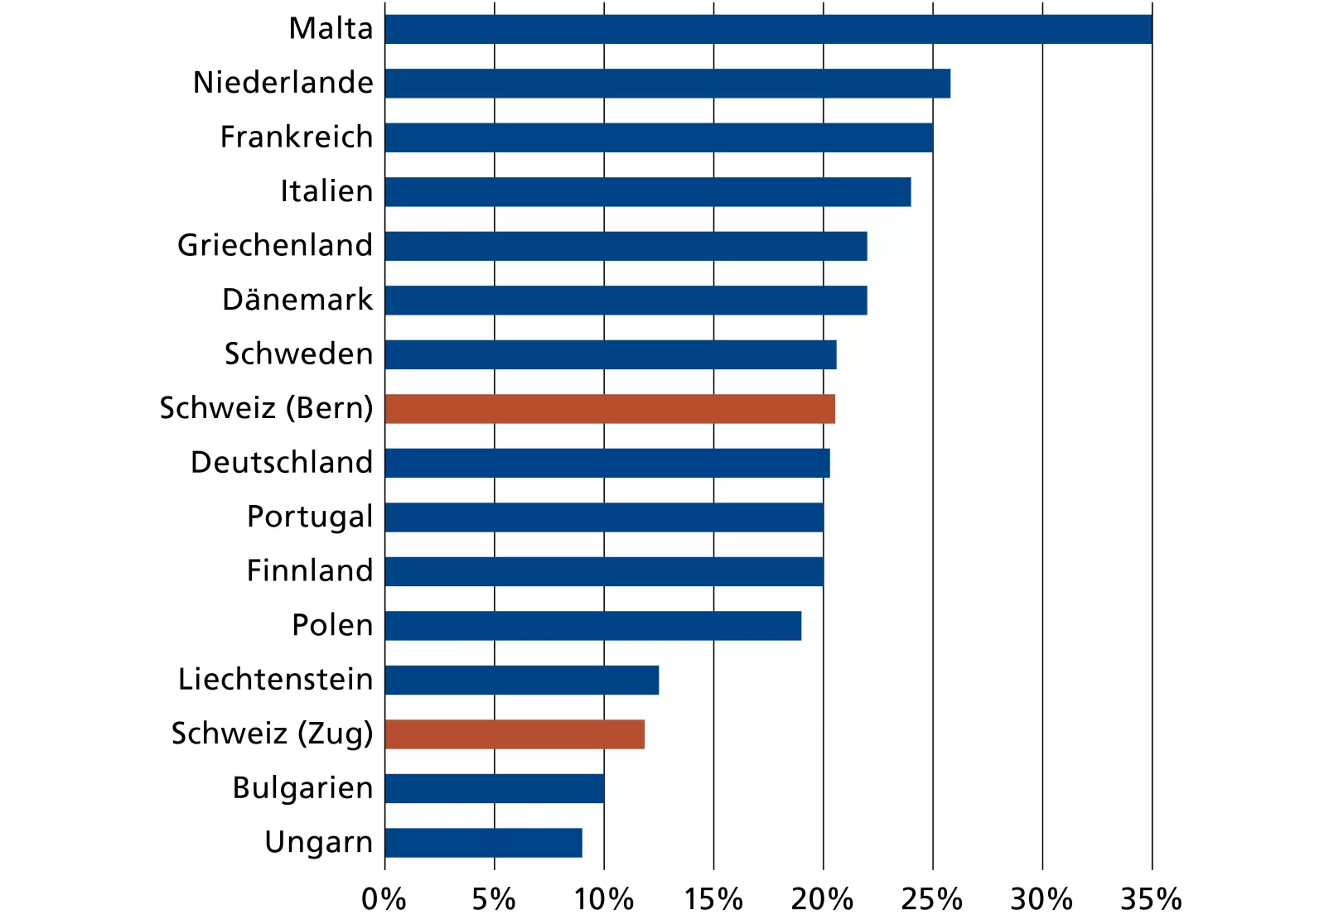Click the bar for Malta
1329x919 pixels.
click(x=768, y=29)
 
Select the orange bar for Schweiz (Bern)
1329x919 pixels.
click(x=610, y=409)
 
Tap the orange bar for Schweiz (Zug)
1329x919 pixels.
click(x=515, y=734)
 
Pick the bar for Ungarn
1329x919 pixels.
click(x=483, y=843)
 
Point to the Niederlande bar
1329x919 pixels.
click(x=667, y=84)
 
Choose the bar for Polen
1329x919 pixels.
click(x=592, y=626)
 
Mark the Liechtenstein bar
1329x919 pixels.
click(x=521, y=680)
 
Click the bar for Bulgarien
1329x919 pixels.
click(x=495, y=788)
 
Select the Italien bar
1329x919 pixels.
click(x=647, y=192)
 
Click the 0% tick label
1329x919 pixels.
click(x=384, y=899)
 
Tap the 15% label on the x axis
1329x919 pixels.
click(x=713, y=899)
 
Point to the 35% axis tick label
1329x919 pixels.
click(x=1151, y=899)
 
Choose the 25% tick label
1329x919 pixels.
click(x=932, y=899)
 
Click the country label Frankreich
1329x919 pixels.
click(x=297, y=137)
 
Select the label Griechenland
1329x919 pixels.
click(x=275, y=246)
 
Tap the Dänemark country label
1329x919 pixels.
click(x=297, y=300)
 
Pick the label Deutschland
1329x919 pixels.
click(x=282, y=463)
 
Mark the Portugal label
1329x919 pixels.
click(x=310, y=517)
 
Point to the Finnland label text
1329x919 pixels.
click(x=310, y=571)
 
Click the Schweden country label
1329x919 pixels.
click(x=298, y=354)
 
